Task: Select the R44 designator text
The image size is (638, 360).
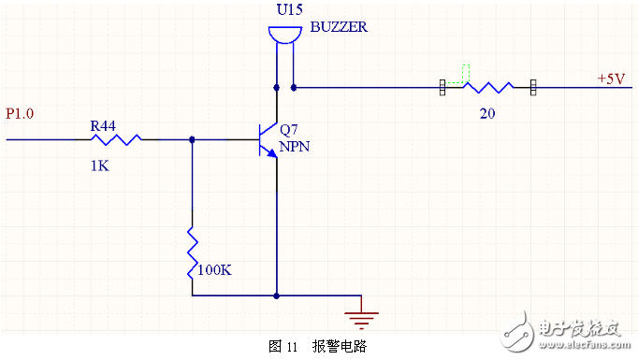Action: (102, 124)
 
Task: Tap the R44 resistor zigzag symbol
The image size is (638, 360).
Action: (116, 139)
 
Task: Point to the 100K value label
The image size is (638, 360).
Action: (215, 269)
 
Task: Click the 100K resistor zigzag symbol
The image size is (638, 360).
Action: (192, 251)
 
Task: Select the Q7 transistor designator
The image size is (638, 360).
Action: (289, 131)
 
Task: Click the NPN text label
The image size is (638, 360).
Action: (295, 147)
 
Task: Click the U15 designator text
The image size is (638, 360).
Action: (288, 10)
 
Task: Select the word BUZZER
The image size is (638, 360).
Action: (338, 28)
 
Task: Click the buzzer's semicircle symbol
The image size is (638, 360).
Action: (284, 36)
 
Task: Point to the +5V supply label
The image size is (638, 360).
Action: (611, 79)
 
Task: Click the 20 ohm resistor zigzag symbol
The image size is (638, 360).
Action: (487, 88)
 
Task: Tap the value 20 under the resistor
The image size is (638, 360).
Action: (486, 112)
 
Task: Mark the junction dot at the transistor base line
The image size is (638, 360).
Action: (192, 139)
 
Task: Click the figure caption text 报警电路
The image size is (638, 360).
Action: (340, 346)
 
